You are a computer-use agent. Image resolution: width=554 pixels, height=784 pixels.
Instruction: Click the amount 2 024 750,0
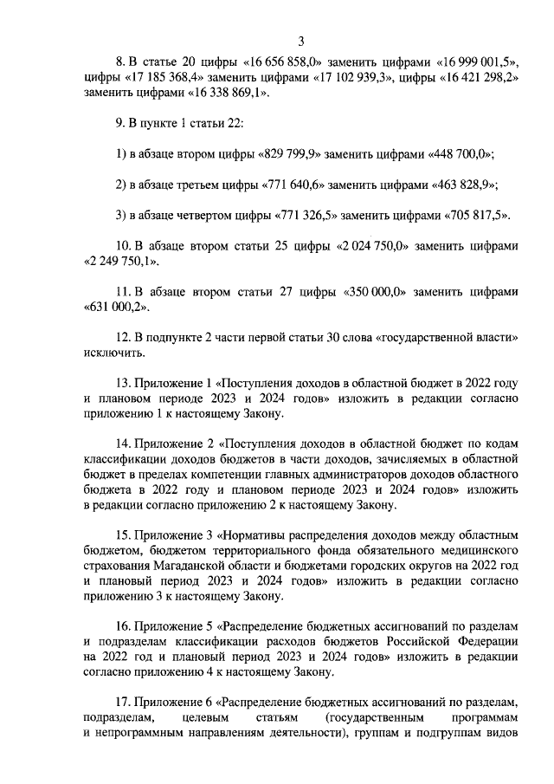pos(370,245)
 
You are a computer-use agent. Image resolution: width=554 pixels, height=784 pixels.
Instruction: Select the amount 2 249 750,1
pos(120,261)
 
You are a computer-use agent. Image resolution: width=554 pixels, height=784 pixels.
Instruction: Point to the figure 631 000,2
pos(116,307)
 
